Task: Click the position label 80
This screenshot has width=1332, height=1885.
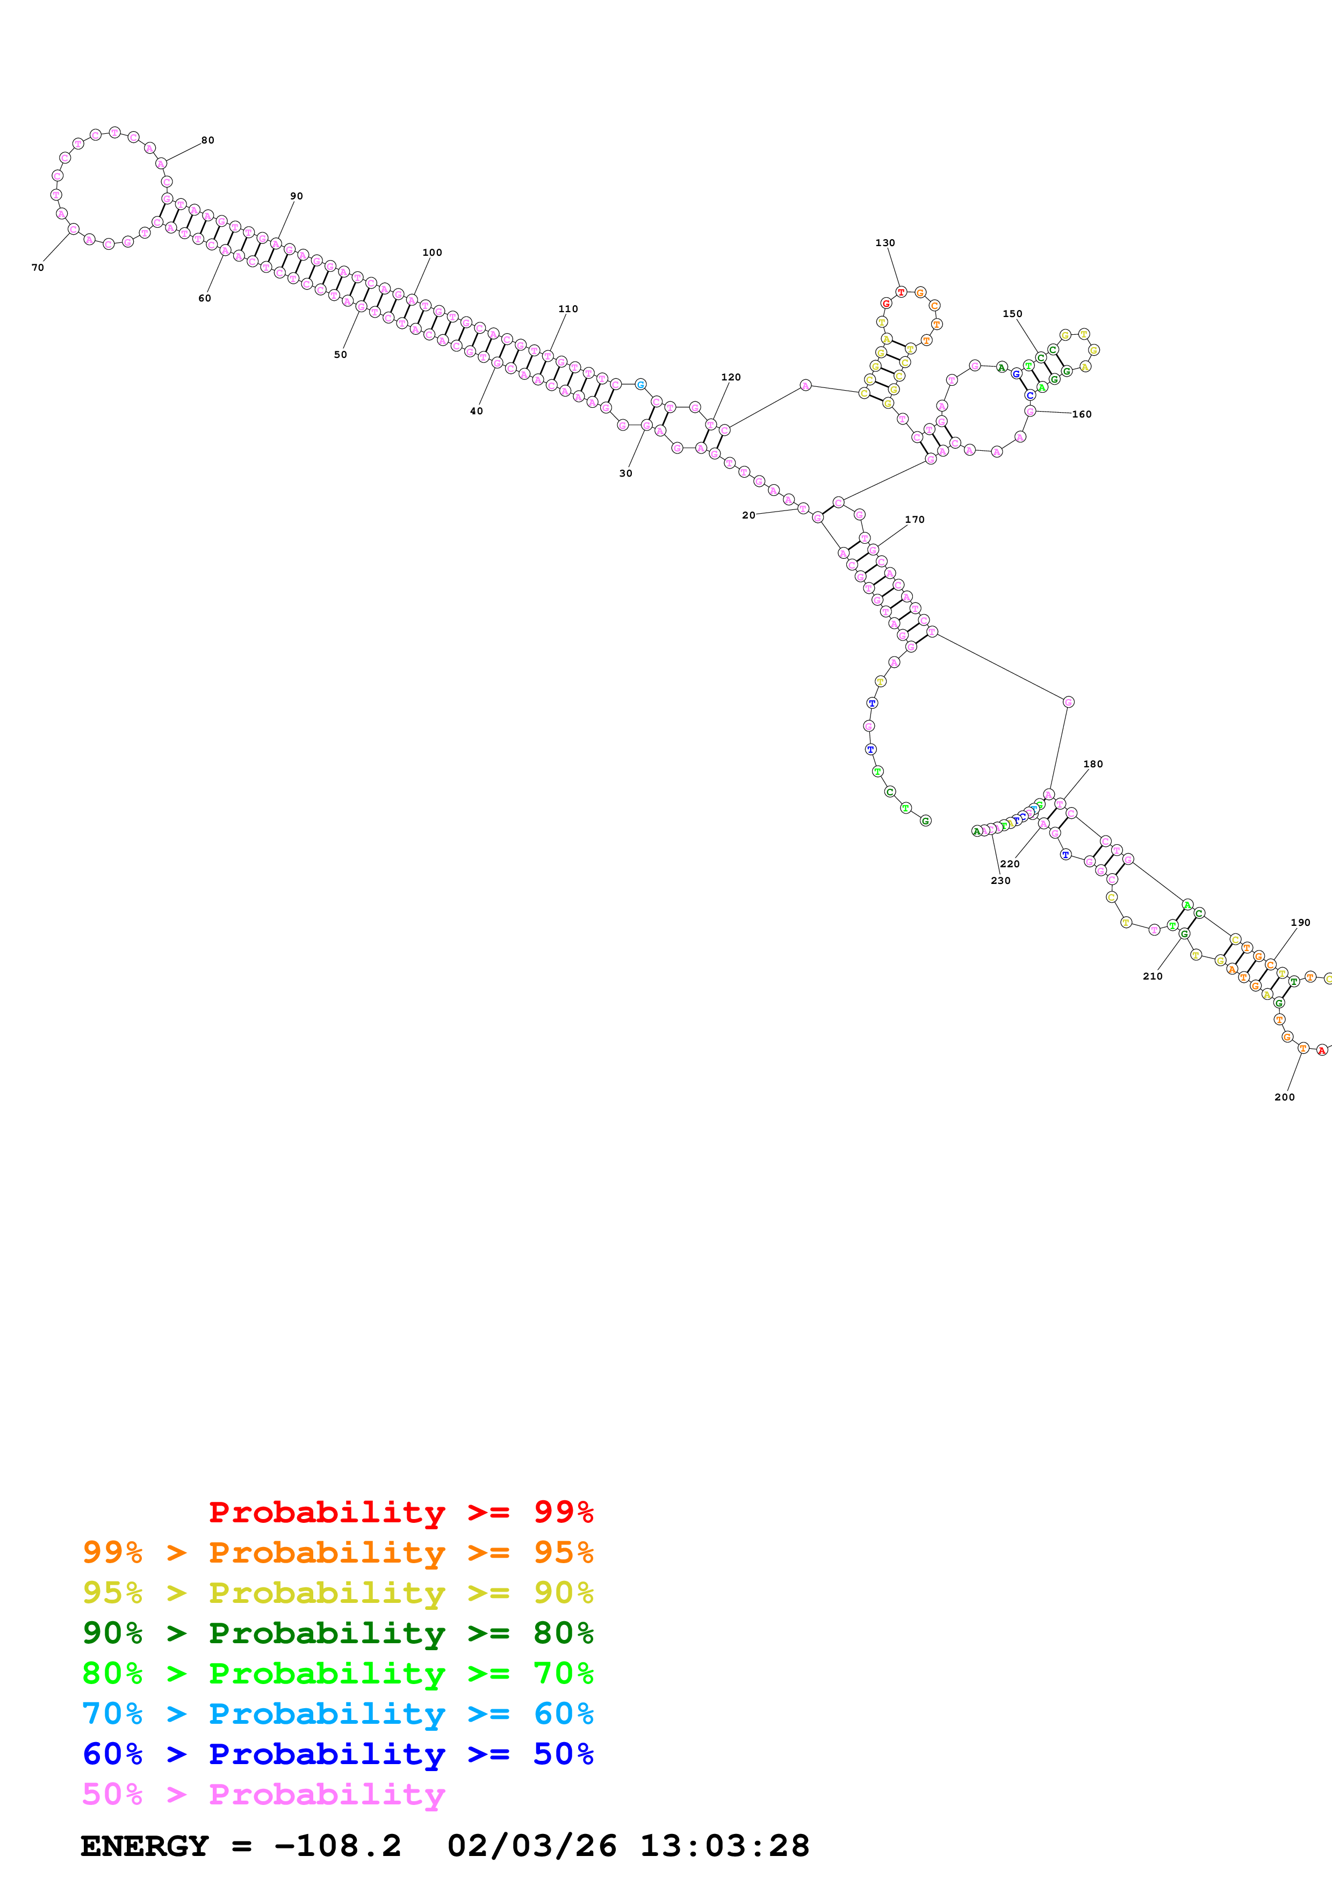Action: pos(207,140)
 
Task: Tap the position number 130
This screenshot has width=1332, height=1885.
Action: pos(885,243)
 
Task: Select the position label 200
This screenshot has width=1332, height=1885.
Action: pos(1284,1097)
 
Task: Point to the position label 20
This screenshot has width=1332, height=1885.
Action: pos(748,516)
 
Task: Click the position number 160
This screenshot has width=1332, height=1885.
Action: pos(1082,415)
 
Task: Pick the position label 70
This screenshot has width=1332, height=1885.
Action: pos(38,268)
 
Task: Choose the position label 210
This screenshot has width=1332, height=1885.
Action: pos(1152,976)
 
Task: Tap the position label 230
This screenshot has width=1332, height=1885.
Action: pos(1000,881)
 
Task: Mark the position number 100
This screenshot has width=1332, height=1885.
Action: pos(431,253)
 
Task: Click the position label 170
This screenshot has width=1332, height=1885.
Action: pos(915,520)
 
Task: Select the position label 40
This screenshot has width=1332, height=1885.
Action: pos(476,411)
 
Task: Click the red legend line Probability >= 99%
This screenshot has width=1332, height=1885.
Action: pos(400,1512)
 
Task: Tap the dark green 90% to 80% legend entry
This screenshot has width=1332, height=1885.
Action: pos(337,1633)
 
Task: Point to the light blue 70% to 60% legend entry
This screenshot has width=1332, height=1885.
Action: pos(337,1714)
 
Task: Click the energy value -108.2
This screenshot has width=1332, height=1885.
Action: pos(337,1846)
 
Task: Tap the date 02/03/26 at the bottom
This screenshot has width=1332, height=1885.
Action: pos(532,1846)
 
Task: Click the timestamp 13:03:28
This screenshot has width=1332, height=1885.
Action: pos(725,1846)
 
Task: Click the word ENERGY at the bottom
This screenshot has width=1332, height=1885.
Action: pos(145,1846)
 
